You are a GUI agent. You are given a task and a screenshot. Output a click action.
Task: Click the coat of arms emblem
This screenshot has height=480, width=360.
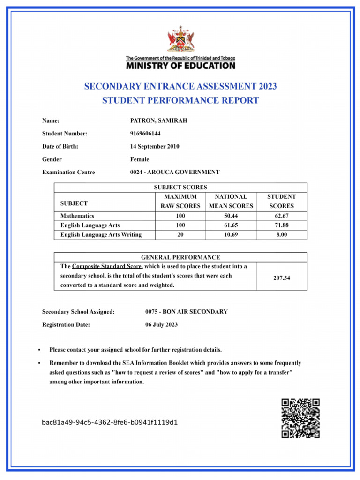click(180, 40)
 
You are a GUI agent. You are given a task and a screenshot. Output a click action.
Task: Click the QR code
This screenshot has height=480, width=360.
click(300, 418)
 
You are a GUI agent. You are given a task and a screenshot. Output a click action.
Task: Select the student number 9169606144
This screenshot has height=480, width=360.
click(145, 134)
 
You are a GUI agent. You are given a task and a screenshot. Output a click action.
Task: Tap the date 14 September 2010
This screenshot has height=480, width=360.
click(155, 146)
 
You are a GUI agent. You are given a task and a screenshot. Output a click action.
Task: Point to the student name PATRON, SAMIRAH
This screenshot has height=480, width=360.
click(158, 121)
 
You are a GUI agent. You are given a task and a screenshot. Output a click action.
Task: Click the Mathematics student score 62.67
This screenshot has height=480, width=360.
click(282, 216)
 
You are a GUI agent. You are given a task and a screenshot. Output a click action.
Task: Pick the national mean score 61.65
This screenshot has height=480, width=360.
click(231, 225)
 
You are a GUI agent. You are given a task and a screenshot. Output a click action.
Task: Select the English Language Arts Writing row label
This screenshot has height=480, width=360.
click(101, 235)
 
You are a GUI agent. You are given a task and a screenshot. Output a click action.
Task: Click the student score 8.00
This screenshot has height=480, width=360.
click(282, 235)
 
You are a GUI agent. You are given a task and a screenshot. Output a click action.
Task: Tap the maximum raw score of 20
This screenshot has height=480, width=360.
click(180, 235)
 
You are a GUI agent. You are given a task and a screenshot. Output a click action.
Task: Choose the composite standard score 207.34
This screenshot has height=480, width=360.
click(282, 278)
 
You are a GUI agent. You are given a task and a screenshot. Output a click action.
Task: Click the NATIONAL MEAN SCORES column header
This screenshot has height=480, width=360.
click(231, 202)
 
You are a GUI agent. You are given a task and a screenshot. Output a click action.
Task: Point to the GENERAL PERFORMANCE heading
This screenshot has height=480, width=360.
click(180, 257)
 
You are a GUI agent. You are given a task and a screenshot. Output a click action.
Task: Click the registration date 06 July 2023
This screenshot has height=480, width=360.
click(162, 324)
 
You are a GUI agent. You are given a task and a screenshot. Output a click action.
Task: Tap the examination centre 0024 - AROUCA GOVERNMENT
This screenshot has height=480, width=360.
click(175, 172)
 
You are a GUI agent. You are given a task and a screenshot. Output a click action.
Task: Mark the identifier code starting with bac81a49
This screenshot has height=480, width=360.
click(110, 422)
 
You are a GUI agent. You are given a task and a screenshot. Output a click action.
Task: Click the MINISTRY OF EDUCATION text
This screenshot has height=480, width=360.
click(180, 66)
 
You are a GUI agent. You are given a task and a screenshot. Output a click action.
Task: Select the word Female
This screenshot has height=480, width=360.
click(140, 159)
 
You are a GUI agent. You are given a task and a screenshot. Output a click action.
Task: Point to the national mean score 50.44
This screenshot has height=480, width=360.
click(231, 216)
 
